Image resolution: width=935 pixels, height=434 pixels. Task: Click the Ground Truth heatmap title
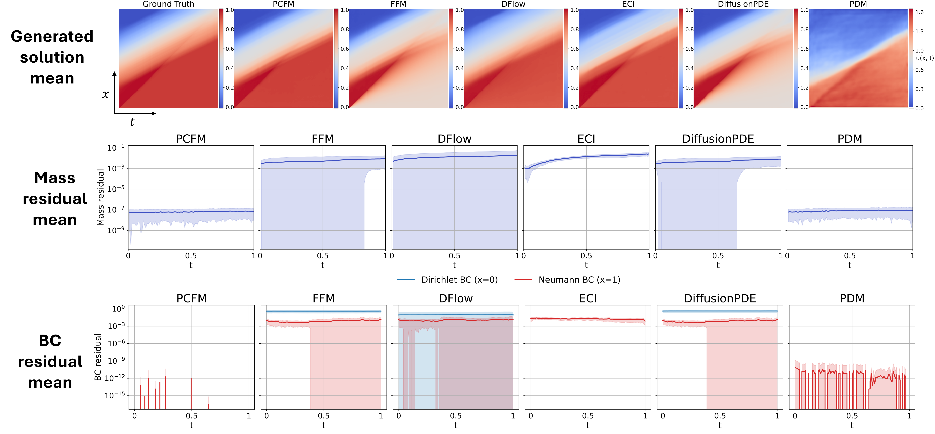tap(168, 4)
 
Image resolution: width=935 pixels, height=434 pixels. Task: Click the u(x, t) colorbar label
tap(924, 58)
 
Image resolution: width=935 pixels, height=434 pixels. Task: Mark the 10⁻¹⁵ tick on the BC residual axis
tap(114, 396)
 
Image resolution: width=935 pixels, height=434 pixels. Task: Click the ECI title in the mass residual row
tap(586, 139)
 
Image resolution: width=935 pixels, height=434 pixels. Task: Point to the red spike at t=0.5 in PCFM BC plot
tap(191, 392)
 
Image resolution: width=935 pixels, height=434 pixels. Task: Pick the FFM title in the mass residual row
tap(323, 139)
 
